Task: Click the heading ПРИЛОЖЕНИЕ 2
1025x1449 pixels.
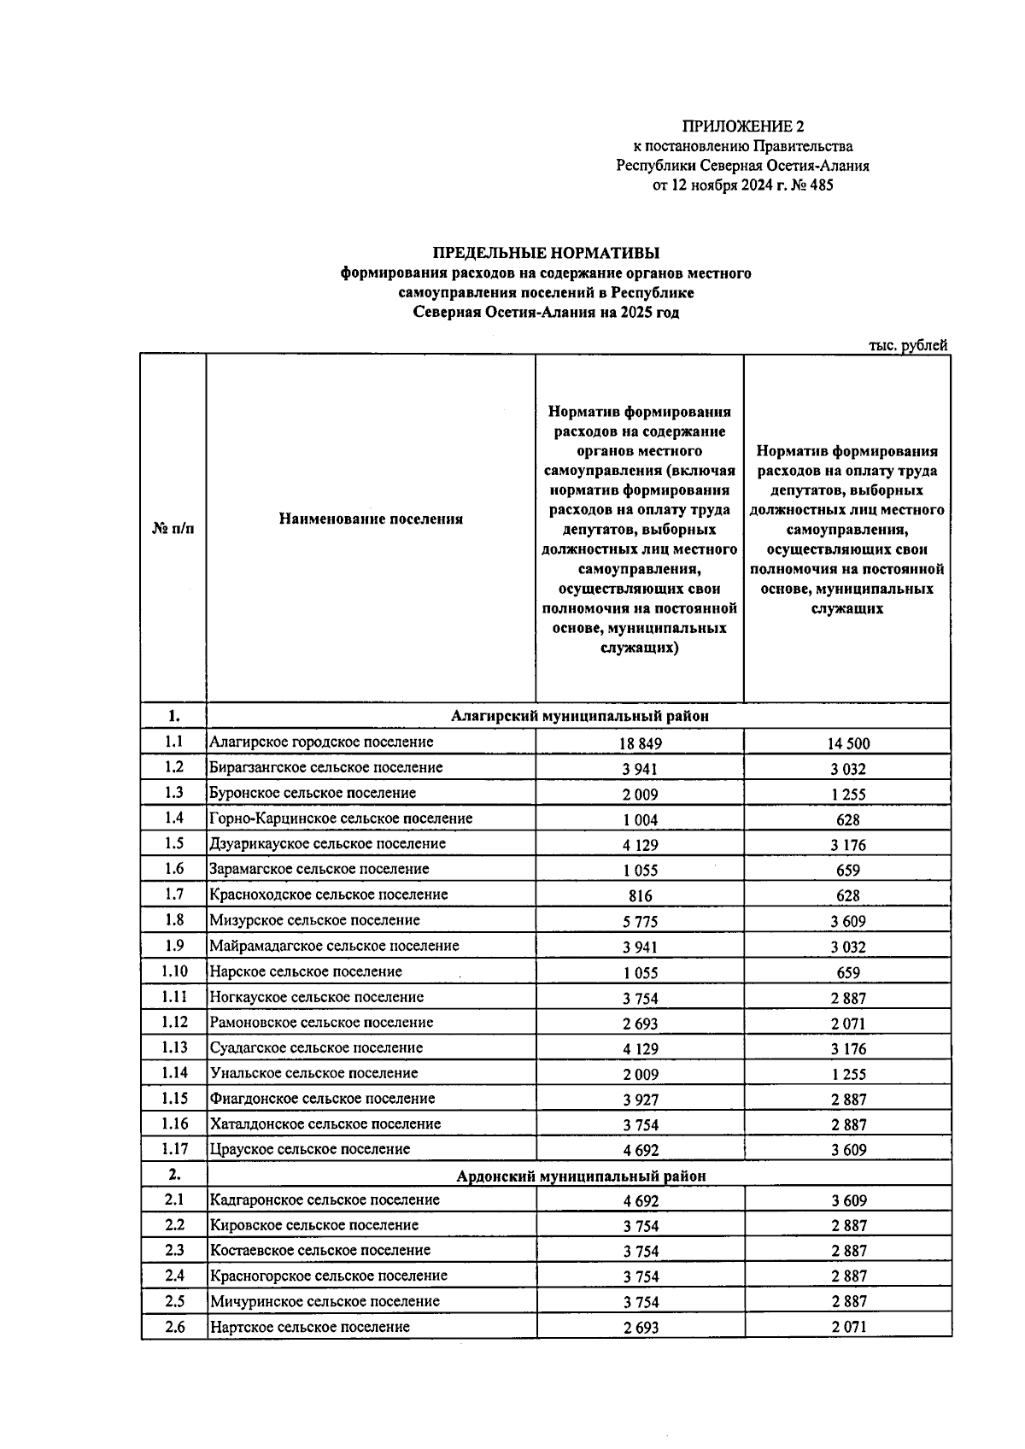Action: point(742,127)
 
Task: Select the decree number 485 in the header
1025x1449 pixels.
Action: point(820,185)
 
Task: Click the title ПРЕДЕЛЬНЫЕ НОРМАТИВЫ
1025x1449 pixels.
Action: point(546,253)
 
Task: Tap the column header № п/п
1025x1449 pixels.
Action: point(173,529)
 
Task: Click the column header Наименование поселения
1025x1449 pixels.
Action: point(371,519)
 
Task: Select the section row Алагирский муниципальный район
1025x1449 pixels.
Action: point(579,716)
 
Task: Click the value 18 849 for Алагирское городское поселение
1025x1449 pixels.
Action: point(640,743)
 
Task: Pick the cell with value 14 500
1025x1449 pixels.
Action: point(847,743)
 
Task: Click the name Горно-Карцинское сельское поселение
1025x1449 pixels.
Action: point(341,818)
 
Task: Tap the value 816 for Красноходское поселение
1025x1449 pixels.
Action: point(640,896)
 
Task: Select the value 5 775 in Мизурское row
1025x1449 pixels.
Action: point(640,922)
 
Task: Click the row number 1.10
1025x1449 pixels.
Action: point(173,971)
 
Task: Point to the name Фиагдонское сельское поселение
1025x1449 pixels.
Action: point(323,1099)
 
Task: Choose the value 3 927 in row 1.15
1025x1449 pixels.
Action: point(640,1100)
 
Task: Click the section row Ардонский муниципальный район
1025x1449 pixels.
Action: point(581,1176)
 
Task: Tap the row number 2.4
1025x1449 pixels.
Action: point(173,1276)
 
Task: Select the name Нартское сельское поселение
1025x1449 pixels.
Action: point(310,1327)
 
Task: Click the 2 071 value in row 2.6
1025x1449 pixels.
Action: point(847,1328)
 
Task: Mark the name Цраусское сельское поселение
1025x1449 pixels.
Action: point(310,1149)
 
